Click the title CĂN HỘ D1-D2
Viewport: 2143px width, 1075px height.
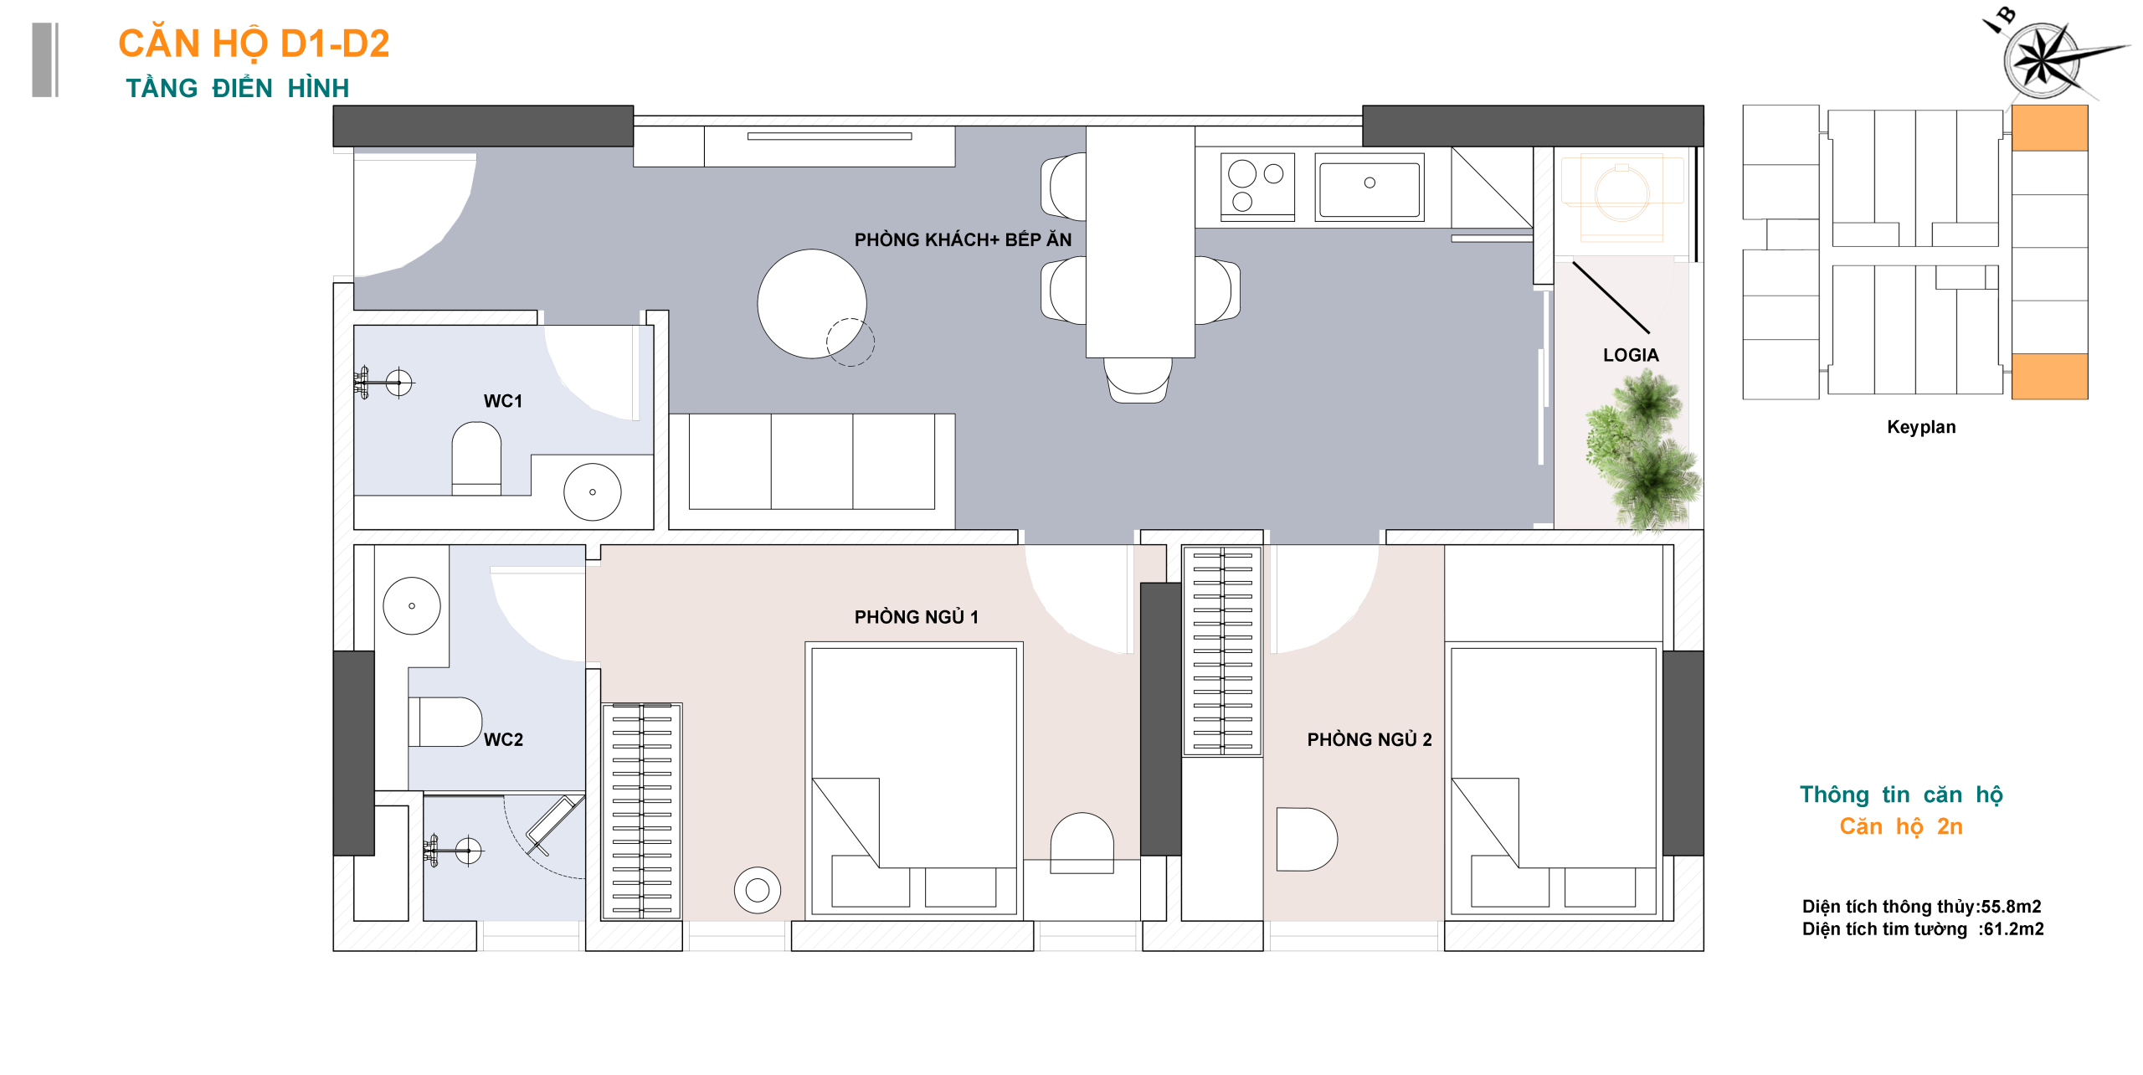(x=254, y=44)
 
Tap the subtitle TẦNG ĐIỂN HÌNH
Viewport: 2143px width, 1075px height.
(x=237, y=88)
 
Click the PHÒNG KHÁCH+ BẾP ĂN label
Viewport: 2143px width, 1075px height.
(x=963, y=239)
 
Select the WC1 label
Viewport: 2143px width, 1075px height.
(x=502, y=401)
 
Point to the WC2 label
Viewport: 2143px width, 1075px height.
(x=503, y=739)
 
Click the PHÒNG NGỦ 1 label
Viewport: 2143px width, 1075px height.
(x=916, y=617)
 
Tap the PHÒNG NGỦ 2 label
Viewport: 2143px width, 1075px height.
(x=1370, y=739)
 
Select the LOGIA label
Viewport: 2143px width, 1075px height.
(x=1631, y=355)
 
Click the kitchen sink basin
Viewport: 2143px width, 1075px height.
(x=1370, y=188)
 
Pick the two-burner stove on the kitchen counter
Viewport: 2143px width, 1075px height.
(x=1257, y=186)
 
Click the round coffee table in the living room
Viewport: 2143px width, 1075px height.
(x=812, y=304)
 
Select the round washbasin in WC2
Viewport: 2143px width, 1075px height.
(x=412, y=605)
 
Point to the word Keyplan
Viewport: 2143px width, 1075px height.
(x=1921, y=427)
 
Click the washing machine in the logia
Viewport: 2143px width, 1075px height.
(x=1621, y=194)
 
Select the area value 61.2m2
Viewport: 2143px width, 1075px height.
(x=2013, y=928)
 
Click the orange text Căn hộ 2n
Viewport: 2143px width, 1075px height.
(x=1901, y=826)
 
